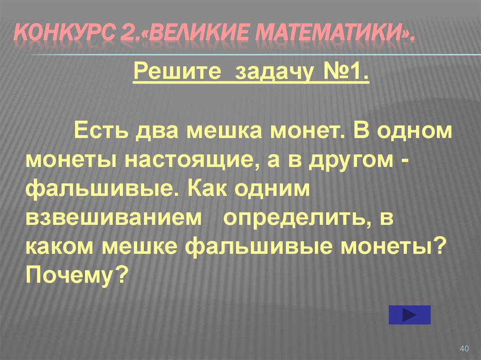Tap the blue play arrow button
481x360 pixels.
pos(410,314)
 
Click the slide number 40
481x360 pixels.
pos(465,348)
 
